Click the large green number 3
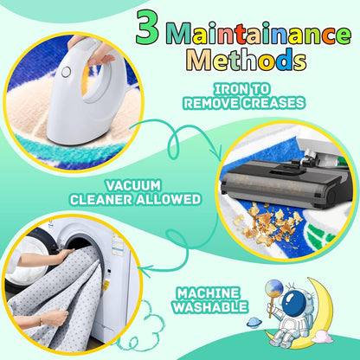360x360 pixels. [x=147, y=27]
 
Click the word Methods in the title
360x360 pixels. [x=246, y=60]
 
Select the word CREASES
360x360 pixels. [x=273, y=103]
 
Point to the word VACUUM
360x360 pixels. [x=133, y=185]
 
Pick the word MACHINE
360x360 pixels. [x=208, y=293]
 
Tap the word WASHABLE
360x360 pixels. [x=210, y=307]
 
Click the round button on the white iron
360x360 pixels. [x=67, y=72]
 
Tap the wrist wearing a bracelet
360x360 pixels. [x=40, y=320]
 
